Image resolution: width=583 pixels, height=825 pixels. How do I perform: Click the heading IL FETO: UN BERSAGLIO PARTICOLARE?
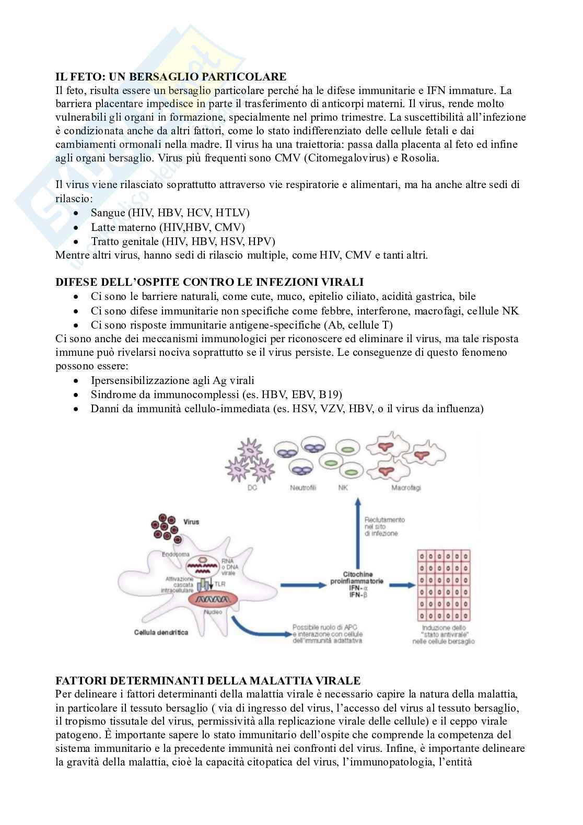[x=171, y=77]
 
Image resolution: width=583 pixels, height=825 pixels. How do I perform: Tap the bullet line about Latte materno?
[x=168, y=227]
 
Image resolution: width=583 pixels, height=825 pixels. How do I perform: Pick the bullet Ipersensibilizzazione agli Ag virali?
[x=172, y=380]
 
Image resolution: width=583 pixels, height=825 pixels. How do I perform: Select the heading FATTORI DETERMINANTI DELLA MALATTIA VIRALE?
[x=208, y=680]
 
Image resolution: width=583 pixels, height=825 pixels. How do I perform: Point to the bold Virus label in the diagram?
[x=191, y=521]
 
